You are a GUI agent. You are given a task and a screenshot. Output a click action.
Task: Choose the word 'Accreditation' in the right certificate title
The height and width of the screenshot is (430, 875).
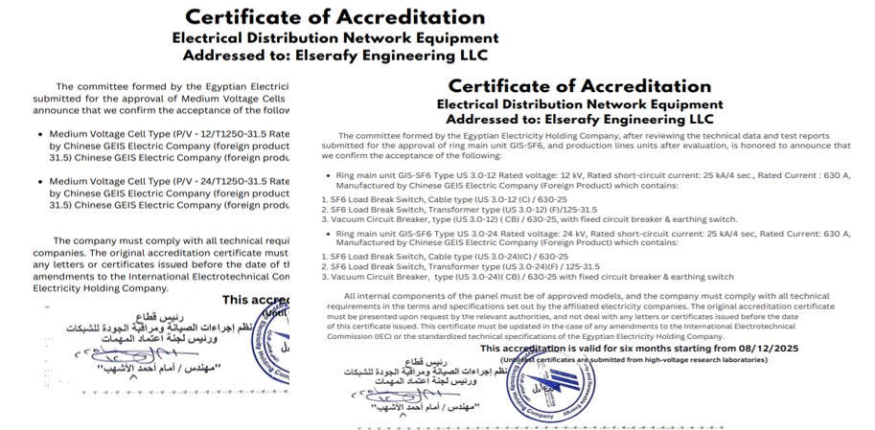628,86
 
